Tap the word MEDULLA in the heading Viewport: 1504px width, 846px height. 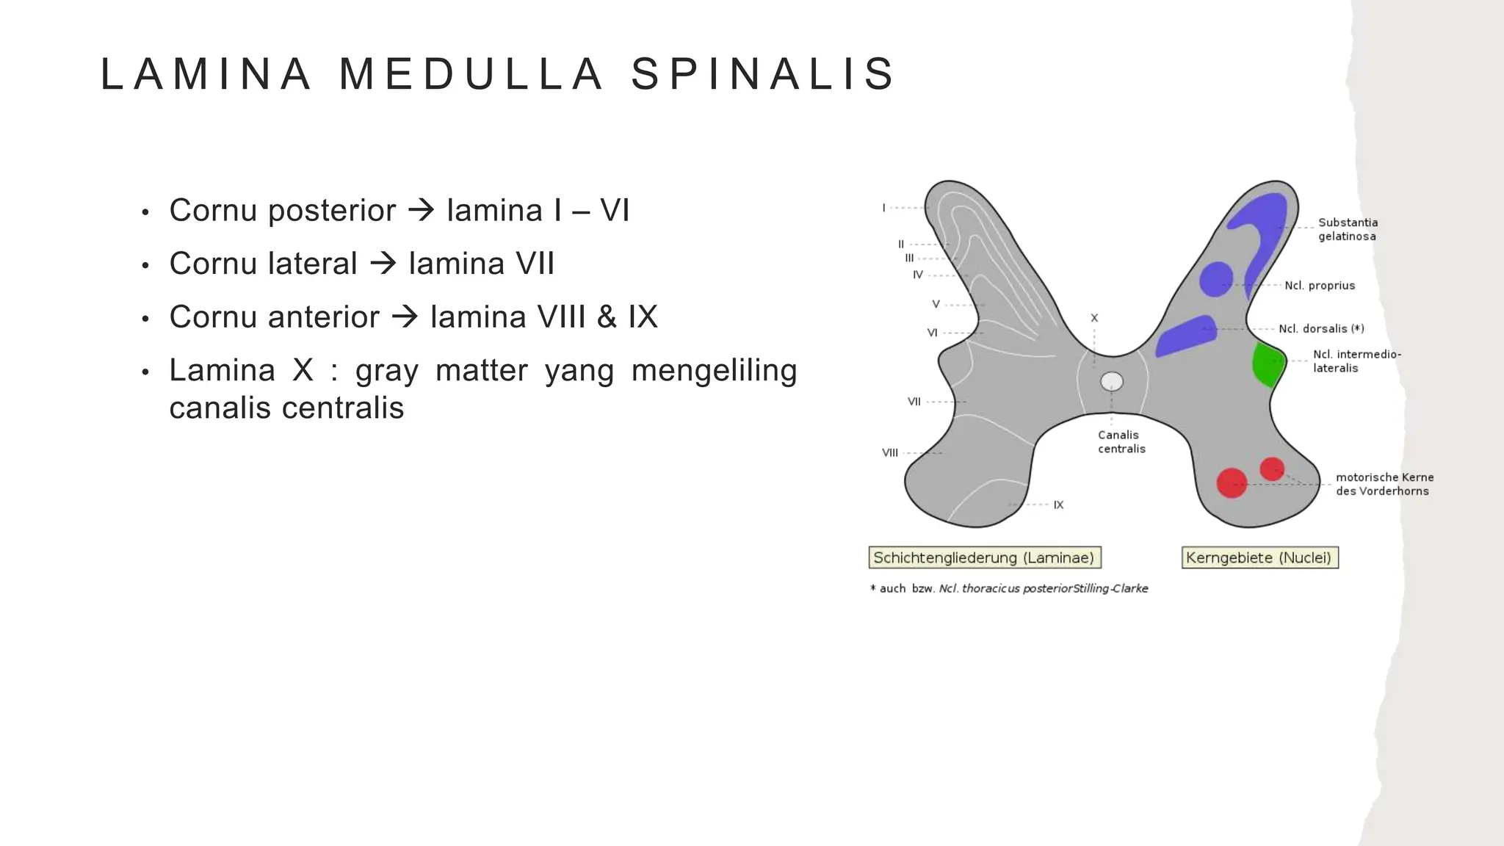(x=471, y=74)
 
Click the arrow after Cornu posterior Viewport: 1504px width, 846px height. (x=421, y=211)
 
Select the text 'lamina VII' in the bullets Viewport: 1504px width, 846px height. (x=481, y=264)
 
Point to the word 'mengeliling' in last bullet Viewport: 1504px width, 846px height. (x=714, y=370)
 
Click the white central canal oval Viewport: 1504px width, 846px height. (x=1112, y=381)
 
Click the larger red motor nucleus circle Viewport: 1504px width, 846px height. (x=1232, y=483)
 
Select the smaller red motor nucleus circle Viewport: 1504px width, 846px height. (x=1272, y=469)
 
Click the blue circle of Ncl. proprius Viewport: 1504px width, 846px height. (x=1215, y=280)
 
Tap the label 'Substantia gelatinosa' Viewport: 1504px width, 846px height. (x=1348, y=229)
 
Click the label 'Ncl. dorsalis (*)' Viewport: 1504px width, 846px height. (x=1320, y=329)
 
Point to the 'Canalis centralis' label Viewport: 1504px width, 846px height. (x=1121, y=442)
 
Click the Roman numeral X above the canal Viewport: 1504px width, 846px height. (x=1094, y=318)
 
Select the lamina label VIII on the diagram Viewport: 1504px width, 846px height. (x=889, y=453)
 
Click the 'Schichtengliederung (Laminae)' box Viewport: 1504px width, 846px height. (x=984, y=558)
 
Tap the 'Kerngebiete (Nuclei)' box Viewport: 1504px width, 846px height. (x=1259, y=558)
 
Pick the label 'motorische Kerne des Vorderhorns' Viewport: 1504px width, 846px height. (x=1384, y=484)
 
